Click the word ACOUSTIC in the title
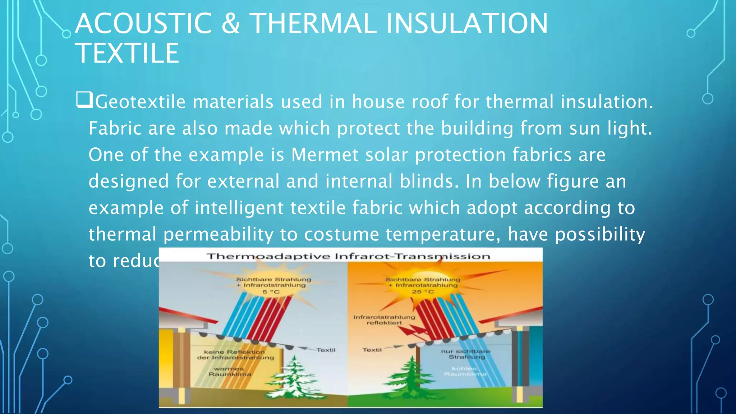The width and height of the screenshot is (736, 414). [143, 24]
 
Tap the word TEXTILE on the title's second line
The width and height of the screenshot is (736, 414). [127, 53]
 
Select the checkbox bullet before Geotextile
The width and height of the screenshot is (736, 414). [84, 100]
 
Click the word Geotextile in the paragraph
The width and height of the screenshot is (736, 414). [141, 102]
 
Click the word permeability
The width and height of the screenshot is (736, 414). [218, 234]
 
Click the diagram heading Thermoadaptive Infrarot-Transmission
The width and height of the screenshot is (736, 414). [348, 256]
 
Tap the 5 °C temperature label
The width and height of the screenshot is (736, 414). [271, 292]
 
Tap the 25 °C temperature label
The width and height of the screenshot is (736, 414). [423, 291]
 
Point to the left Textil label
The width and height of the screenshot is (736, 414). [326, 350]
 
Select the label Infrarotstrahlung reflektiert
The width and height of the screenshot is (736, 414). [384, 320]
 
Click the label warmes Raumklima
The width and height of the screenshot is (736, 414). [229, 372]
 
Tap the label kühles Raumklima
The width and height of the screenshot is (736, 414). [465, 371]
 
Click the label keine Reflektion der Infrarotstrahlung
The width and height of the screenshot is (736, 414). [235, 355]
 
